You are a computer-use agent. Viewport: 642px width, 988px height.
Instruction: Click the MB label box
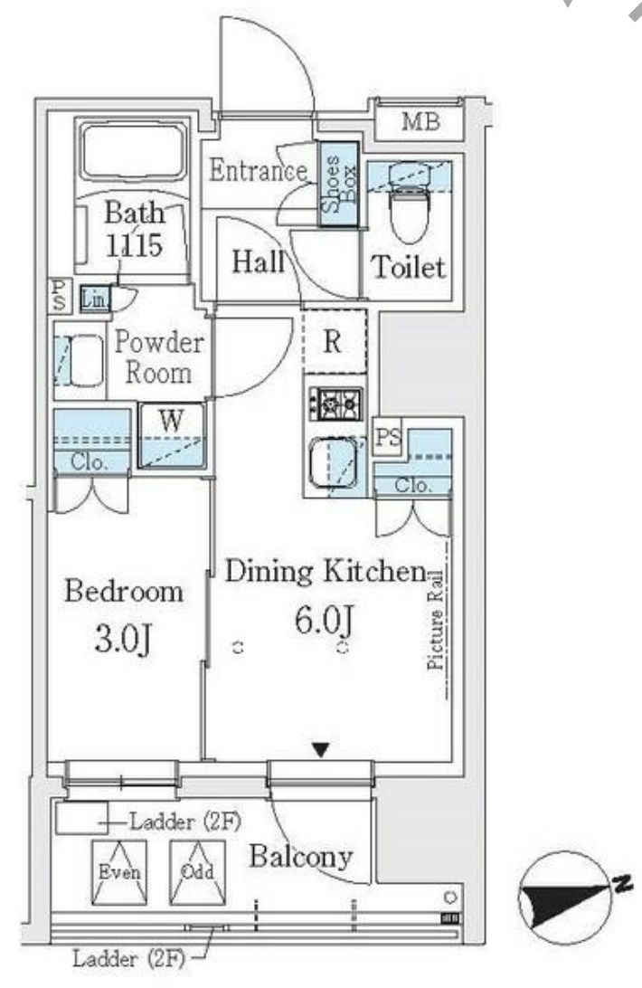click(x=420, y=120)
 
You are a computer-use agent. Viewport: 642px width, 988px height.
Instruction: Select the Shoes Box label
click(x=338, y=184)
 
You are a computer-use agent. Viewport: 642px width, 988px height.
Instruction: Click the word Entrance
click(x=259, y=170)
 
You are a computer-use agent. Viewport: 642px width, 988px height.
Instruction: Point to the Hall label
click(x=257, y=261)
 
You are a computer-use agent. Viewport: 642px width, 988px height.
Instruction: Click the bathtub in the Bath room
click(x=133, y=150)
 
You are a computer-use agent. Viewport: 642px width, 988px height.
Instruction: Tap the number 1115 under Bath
click(x=134, y=244)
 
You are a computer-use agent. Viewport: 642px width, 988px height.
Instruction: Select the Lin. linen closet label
click(x=95, y=299)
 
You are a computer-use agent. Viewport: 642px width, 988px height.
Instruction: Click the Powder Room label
click(x=159, y=357)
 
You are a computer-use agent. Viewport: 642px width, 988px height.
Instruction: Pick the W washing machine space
click(x=172, y=435)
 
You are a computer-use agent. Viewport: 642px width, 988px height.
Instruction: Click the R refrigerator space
click(x=334, y=341)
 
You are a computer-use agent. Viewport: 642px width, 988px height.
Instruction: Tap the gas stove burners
click(x=335, y=404)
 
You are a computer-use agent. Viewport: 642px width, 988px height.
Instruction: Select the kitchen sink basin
click(x=334, y=463)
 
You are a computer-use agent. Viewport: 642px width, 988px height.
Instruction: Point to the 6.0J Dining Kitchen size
click(x=324, y=620)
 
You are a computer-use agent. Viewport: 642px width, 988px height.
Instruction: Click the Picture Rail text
click(x=435, y=619)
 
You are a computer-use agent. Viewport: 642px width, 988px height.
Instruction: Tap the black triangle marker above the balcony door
click(x=321, y=750)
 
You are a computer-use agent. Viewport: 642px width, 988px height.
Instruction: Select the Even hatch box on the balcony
click(x=119, y=873)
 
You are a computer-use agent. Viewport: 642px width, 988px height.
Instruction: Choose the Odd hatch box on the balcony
click(x=197, y=873)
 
